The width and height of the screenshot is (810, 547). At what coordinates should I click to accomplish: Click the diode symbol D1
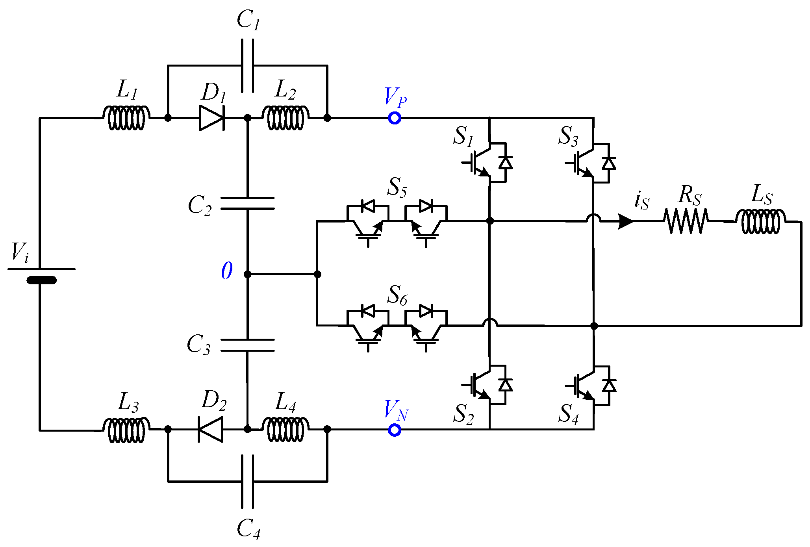[212, 118]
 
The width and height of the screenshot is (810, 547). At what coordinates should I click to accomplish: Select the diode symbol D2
[210, 429]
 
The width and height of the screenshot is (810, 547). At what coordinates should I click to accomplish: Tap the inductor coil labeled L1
[126, 117]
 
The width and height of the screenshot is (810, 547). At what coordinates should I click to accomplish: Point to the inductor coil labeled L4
[285, 429]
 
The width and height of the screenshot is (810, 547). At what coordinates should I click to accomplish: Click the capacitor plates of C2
[247, 203]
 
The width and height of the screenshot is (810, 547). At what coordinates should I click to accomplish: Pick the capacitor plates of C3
[247, 345]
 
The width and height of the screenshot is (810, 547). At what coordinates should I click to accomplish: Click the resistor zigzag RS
[686, 221]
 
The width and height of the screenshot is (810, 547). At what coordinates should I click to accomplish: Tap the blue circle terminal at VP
[395, 118]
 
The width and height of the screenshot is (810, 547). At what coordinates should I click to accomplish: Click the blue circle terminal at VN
[395, 430]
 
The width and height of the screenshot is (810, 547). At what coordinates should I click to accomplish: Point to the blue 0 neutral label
[227, 271]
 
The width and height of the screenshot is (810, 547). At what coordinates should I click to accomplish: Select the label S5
[397, 187]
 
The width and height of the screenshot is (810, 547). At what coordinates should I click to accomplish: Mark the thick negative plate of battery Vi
[41, 280]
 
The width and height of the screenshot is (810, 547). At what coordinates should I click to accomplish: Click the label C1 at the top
[248, 20]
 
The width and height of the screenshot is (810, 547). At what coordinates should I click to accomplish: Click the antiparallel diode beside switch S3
[609, 163]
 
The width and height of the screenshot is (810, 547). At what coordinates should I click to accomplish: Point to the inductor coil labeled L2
[285, 117]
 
